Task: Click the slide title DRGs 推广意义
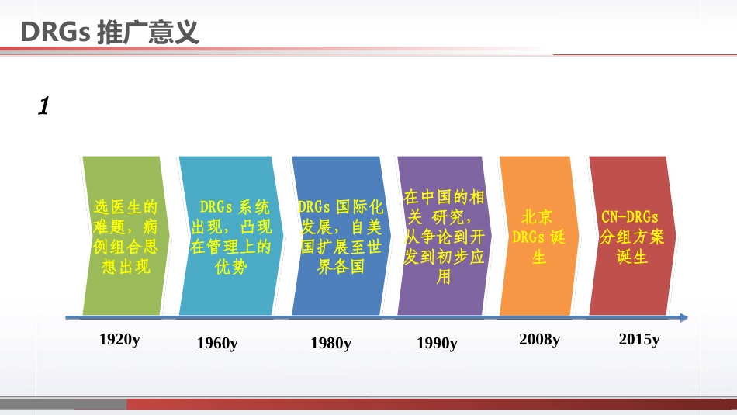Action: click(109, 33)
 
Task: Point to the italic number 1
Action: click(43, 106)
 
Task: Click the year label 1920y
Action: click(119, 339)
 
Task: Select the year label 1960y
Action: click(217, 343)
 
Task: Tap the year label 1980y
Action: click(330, 343)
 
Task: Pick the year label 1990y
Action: click(437, 343)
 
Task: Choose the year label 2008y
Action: click(539, 339)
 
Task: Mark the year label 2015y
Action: click(639, 339)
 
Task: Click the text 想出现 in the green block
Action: click(126, 268)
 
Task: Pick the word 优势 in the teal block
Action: click(230, 268)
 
